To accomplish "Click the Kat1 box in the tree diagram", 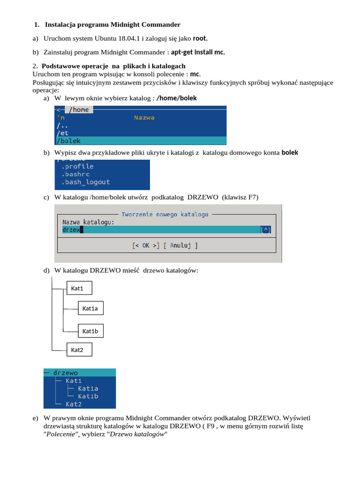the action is pos(79,288).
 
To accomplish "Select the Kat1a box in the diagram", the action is pos(90,308).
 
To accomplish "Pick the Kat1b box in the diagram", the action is pos(90,331).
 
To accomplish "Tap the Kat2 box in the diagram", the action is pos(79,350).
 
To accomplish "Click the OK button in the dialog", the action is pos(146,246).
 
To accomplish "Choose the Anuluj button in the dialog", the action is pos(180,246).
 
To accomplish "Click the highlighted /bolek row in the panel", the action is pos(141,141).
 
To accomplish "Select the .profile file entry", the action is pos(77,166).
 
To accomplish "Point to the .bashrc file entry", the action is pos(75,174).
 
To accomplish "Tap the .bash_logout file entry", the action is pos(85,182).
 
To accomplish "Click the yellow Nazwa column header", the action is pos(144,118).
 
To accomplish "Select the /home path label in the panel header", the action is pos(79,110).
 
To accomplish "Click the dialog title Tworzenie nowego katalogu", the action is pos(165,214).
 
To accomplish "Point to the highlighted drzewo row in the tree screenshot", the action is pos(80,373).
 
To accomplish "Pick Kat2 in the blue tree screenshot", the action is pos(74,404).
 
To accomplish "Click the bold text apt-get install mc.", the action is pos(198,52).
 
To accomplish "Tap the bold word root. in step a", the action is pos(200,38).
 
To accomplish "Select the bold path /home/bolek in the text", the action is pos(177,98).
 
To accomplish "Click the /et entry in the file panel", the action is pos(62,133).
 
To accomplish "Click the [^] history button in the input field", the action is pos(266,230).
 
